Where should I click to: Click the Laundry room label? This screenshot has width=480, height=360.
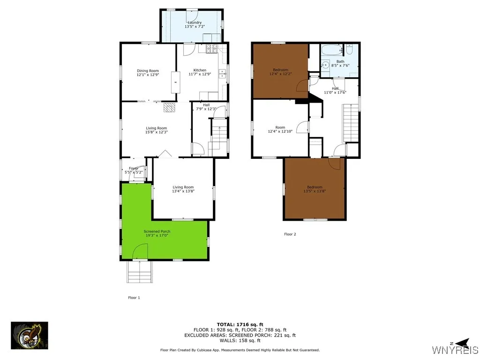pyautogui.click(x=195, y=22)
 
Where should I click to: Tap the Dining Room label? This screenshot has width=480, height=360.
pyautogui.click(x=148, y=71)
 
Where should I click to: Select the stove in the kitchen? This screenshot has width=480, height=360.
pyautogui.click(x=210, y=48)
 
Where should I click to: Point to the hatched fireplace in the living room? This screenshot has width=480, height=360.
pyautogui.click(x=169, y=108)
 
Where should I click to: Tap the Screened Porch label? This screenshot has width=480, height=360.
pyautogui.click(x=157, y=232)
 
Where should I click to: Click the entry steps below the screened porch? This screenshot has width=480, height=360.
pyautogui.click(x=140, y=272)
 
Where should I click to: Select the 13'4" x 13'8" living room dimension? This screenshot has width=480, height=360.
pyautogui.click(x=183, y=191)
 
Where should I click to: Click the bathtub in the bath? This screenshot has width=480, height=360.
pyautogui.click(x=332, y=50)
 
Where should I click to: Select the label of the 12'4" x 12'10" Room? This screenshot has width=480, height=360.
pyautogui.click(x=280, y=127)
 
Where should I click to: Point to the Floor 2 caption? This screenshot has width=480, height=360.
pyautogui.click(x=290, y=234)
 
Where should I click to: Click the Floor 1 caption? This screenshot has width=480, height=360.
pyautogui.click(x=134, y=297)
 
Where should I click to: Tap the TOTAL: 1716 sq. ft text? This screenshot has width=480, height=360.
pyautogui.click(x=240, y=324)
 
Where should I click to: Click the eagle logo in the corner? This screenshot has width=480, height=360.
pyautogui.click(x=30, y=335)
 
